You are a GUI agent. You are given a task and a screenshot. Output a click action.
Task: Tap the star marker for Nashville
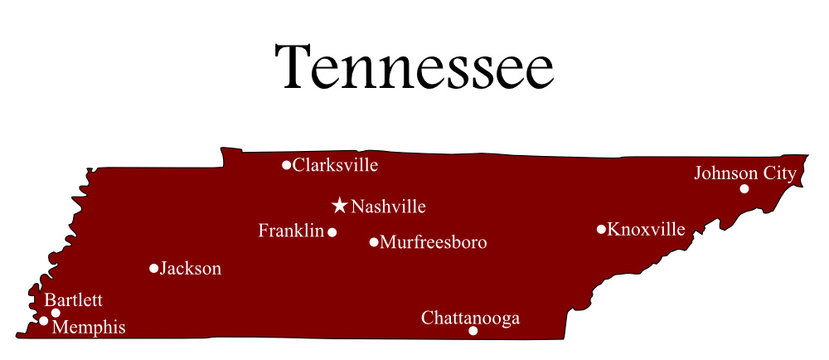point(340,206)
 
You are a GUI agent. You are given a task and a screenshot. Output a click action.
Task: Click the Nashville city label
point(388,207)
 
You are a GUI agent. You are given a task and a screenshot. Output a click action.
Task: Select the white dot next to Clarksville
point(286,165)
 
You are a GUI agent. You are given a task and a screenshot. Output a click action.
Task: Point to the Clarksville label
point(335,165)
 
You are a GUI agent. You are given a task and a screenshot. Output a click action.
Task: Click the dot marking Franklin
point(332,232)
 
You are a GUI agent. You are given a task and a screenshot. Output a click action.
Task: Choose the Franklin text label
point(291,231)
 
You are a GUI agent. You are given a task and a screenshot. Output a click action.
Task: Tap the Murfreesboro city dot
point(374,242)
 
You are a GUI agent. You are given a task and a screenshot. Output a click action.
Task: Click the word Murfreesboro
point(433,242)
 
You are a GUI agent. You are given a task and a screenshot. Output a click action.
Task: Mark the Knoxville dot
point(601,229)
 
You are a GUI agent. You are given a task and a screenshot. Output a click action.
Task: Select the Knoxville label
point(646,230)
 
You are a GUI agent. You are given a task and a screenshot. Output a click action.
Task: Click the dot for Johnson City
point(744,188)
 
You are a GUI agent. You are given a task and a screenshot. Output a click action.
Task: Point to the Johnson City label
point(745,173)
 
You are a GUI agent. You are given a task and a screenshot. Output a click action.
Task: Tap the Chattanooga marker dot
point(473,331)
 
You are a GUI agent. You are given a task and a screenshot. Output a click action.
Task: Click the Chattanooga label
point(470,318)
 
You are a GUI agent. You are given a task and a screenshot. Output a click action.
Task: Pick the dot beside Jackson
point(154,268)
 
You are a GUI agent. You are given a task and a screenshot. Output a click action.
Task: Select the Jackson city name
point(191,268)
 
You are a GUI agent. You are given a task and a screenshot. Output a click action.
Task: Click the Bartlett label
point(73,300)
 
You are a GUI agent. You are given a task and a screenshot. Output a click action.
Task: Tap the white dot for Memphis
point(44,321)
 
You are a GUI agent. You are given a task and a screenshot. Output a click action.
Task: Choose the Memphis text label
point(89,326)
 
